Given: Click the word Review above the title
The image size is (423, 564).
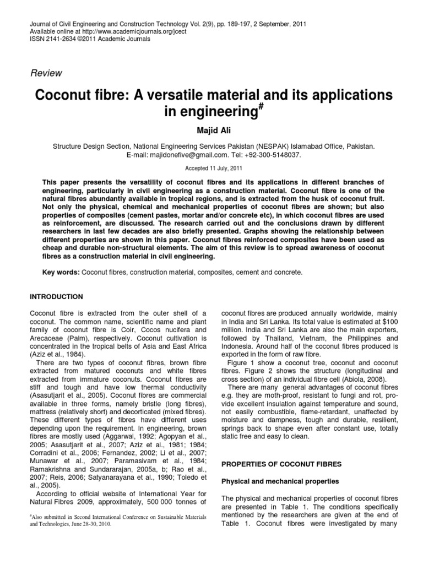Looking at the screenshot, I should coord(46,73).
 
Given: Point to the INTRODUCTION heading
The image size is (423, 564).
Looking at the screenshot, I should coord(57,297).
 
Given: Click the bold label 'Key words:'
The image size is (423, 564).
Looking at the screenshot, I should coord(61,273).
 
